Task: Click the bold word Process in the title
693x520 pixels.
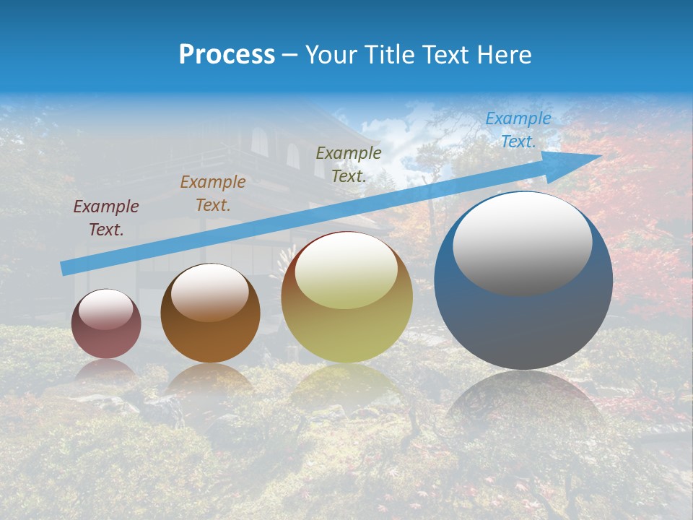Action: click(227, 55)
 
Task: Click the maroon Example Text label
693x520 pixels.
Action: click(106, 218)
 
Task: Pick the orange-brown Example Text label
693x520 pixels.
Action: click(213, 194)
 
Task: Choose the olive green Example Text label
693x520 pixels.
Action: click(349, 164)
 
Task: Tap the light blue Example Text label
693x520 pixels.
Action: click(518, 130)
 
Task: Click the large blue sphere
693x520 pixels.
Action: click(523, 318)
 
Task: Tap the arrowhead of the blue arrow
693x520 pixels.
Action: click(581, 162)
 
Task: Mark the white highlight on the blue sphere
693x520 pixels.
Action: click(522, 243)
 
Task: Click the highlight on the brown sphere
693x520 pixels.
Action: click(210, 292)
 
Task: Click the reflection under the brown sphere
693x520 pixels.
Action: click(210, 379)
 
